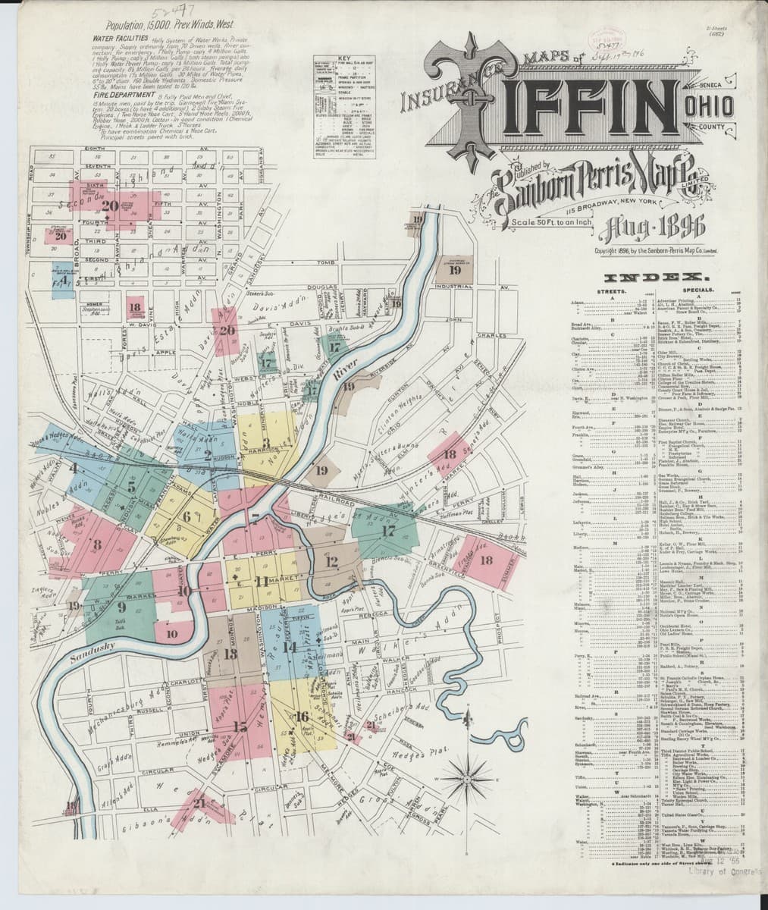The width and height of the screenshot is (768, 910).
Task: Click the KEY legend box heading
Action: pyautogui.click(x=345, y=58)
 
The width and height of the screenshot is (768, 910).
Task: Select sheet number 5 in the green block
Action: pyautogui.click(x=131, y=488)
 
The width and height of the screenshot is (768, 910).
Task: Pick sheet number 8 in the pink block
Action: pyautogui.click(x=96, y=544)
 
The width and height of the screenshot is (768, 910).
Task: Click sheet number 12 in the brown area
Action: pyautogui.click(x=331, y=562)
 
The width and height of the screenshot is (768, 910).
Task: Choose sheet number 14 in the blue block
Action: pyautogui.click(x=289, y=647)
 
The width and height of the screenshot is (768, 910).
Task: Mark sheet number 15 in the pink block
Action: pyautogui.click(x=240, y=727)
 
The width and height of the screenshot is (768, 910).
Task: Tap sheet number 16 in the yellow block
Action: pyautogui.click(x=302, y=716)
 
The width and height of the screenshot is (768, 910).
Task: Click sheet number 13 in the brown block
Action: pyautogui.click(x=230, y=654)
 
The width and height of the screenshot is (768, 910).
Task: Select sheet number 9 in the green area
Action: pyautogui.click(x=121, y=605)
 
